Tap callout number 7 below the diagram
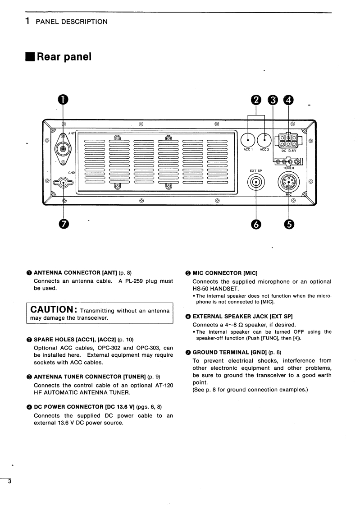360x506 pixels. tap(64, 223)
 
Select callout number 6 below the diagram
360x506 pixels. tap(256, 223)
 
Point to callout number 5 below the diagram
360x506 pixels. tap(289, 223)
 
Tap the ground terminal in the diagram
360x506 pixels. tap(64, 183)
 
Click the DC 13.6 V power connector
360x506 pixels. tap(288, 140)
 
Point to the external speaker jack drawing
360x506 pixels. tap(256, 183)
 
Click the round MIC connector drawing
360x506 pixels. tap(289, 183)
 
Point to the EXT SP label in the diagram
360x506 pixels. tap(256, 170)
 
